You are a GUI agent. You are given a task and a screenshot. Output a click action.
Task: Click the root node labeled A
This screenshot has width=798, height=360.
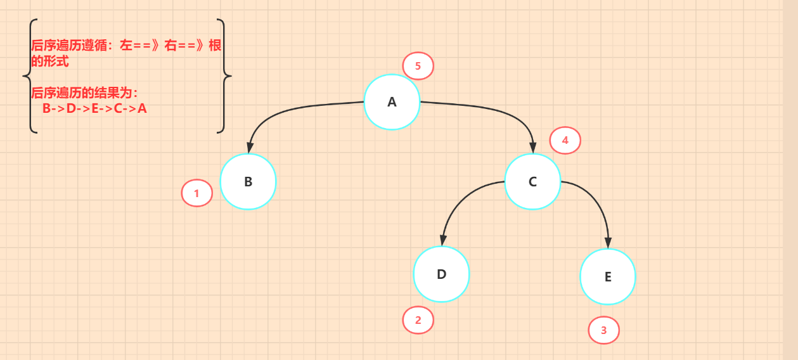coord(392,102)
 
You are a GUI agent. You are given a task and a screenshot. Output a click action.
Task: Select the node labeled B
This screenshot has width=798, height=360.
coord(248,181)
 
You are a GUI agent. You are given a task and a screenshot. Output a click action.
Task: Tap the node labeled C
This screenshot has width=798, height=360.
coord(532,182)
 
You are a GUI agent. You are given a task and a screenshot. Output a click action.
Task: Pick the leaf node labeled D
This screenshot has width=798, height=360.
coord(441,274)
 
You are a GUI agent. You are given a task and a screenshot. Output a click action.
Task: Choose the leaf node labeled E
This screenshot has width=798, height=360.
coord(607,276)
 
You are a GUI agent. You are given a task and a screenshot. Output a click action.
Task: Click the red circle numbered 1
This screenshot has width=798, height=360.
coord(196,193)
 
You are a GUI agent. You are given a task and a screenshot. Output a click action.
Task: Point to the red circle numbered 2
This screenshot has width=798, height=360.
coord(418,320)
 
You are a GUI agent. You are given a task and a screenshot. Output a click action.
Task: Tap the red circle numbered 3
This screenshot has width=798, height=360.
coord(603,330)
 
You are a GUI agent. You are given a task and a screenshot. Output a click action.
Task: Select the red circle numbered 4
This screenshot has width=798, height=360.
coord(565,141)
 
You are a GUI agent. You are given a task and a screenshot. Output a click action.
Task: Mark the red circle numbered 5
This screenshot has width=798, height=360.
coord(418,66)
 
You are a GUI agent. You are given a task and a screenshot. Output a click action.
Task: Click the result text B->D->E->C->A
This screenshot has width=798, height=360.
coord(94,108)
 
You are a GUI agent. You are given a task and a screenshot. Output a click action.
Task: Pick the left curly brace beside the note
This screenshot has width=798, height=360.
coord(27,76)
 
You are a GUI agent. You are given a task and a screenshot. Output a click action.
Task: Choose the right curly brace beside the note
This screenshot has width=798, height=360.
coord(222,76)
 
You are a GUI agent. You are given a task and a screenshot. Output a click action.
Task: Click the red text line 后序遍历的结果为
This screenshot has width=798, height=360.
coord(84,93)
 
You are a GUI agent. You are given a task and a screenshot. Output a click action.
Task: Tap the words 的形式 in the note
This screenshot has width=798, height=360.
coord(50,61)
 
